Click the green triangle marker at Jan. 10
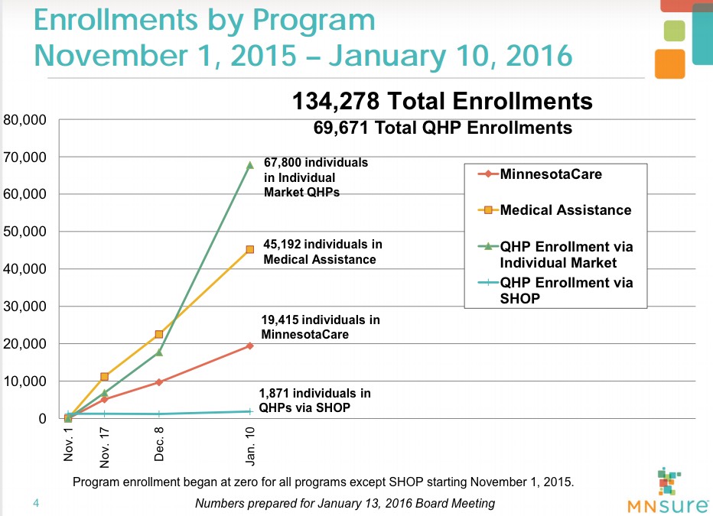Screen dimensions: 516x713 [250, 164]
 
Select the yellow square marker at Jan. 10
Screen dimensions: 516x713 [250, 249]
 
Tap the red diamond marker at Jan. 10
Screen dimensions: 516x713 [250, 346]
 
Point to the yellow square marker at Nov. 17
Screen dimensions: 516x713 [104, 377]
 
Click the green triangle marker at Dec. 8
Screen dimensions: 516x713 [159, 352]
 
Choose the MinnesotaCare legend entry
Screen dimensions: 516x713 [551, 174]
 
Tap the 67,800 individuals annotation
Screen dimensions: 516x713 [316, 177]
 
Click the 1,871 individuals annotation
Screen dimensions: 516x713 [314, 401]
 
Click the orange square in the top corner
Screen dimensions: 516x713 [669, 63]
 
